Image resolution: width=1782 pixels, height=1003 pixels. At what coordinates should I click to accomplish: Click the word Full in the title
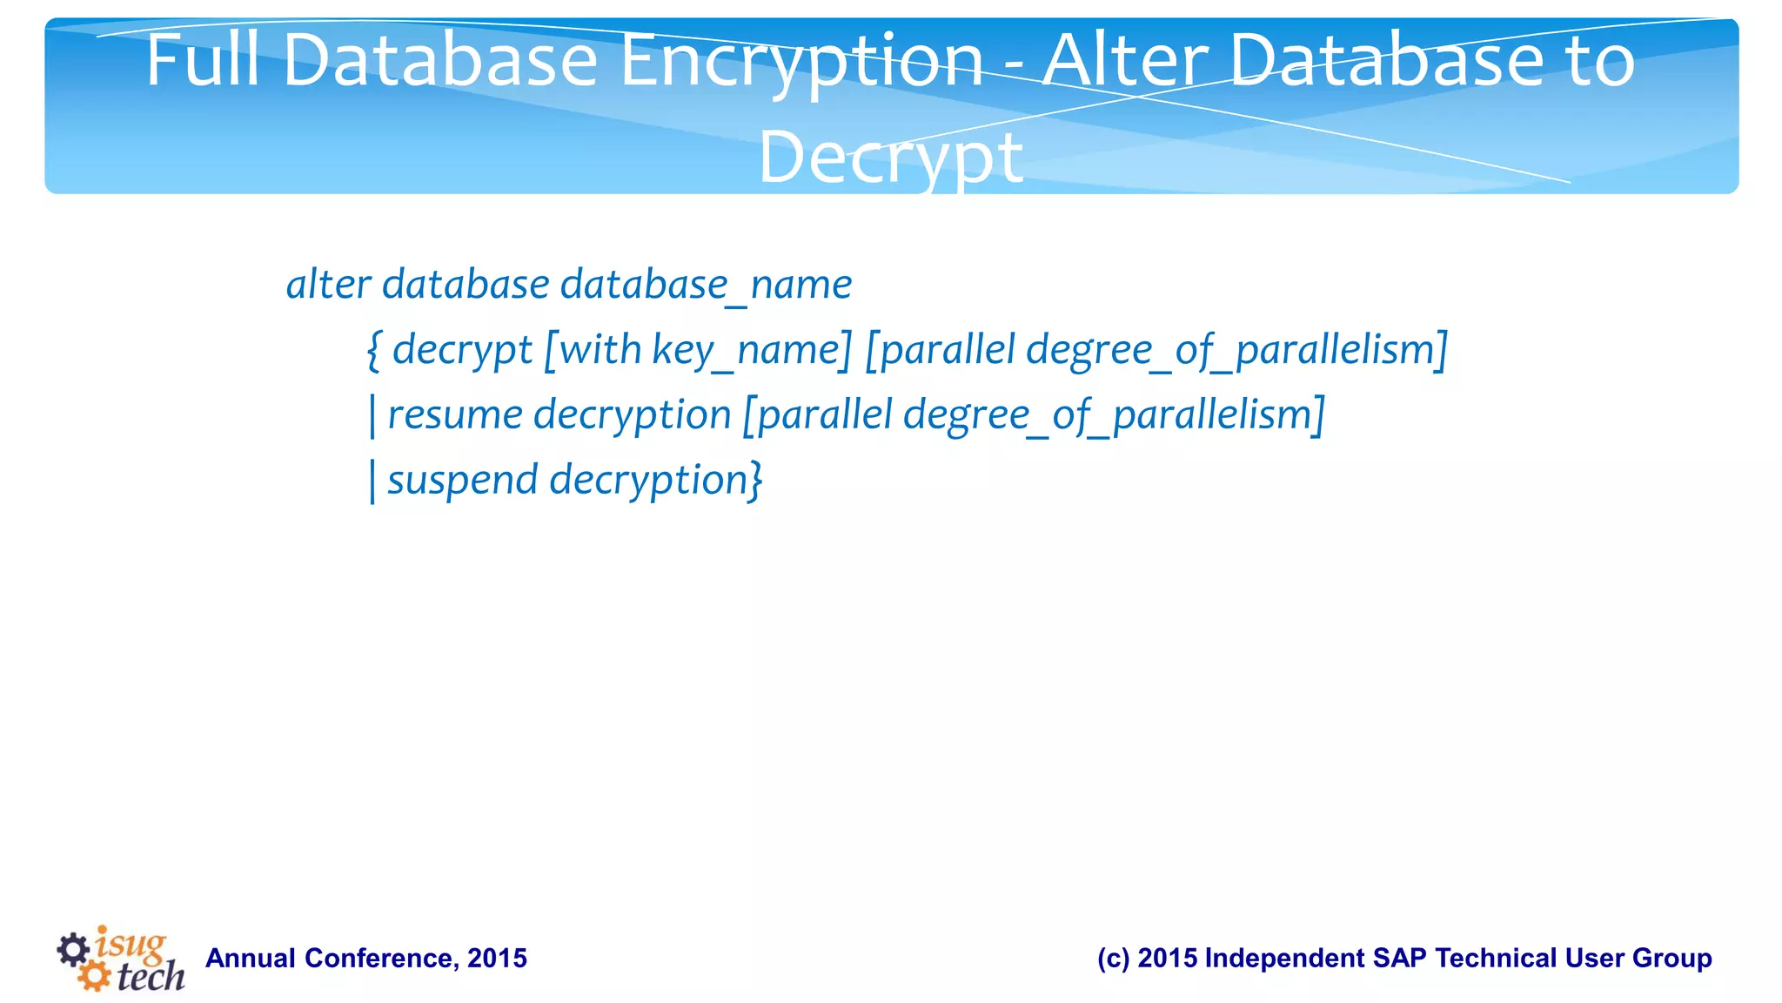(x=202, y=61)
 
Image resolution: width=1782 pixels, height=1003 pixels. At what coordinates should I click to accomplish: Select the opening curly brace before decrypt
(x=374, y=350)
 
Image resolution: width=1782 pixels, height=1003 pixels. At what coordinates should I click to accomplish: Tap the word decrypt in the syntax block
(x=462, y=351)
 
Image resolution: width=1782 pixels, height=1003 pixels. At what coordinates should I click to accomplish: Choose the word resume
(x=455, y=415)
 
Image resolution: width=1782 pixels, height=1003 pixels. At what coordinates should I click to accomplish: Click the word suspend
(x=462, y=481)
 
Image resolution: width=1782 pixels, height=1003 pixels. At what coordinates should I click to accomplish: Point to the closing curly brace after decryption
(x=756, y=481)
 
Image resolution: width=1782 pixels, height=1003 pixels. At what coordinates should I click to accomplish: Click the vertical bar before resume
(x=372, y=415)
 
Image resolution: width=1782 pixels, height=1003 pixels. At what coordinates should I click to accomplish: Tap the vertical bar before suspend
(x=372, y=481)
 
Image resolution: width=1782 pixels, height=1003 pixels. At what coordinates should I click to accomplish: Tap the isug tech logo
(x=121, y=959)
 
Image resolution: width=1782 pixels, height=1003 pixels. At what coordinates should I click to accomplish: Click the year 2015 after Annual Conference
(x=497, y=959)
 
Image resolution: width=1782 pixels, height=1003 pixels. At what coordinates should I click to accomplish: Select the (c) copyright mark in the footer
(x=1113, y=959)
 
